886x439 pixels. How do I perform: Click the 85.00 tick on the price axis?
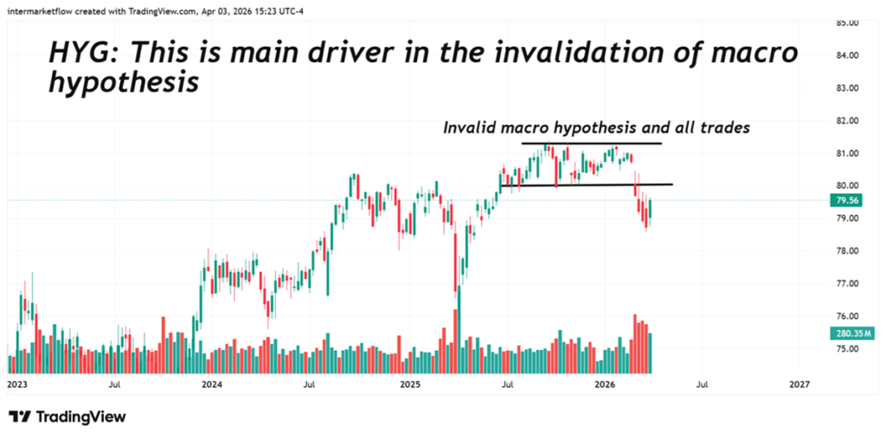coord(847,23)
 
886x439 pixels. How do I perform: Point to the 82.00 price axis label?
coord(847,120)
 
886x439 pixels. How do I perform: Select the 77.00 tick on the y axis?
coord(847,283)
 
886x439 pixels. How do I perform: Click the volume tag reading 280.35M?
coord(851,333)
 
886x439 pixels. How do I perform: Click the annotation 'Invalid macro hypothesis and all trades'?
coord(596,127)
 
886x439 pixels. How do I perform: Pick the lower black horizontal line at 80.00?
coord(586,184)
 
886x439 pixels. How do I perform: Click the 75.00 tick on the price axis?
coord(847,348)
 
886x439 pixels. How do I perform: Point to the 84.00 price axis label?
coord(847,55)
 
